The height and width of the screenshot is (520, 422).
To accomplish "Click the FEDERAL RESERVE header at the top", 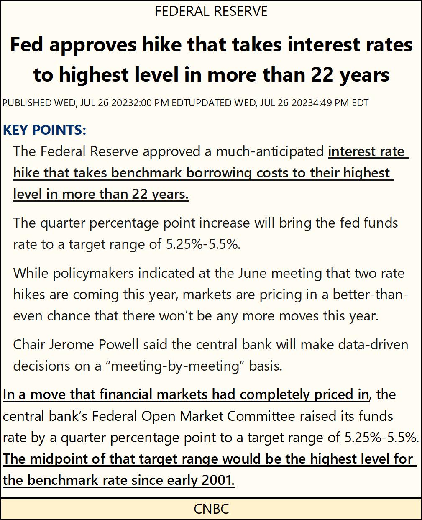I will point(211,11).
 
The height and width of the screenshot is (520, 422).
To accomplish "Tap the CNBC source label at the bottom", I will point(211,509).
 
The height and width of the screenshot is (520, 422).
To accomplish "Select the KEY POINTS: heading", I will point(44,130).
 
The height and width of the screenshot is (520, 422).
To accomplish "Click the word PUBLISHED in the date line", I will point(27,103).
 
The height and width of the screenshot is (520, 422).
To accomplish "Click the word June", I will point(253,273).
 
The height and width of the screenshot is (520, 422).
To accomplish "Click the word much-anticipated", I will point(270,151).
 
